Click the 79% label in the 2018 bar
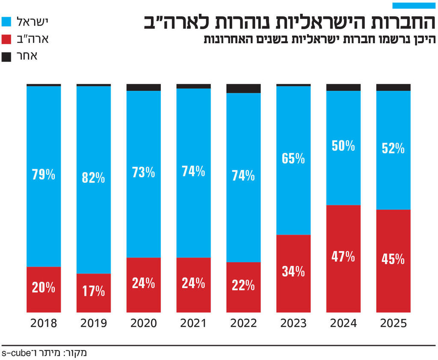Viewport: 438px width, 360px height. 44,175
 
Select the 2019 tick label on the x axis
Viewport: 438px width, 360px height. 94,323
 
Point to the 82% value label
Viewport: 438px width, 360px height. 94,178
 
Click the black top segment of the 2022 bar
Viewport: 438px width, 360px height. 243,88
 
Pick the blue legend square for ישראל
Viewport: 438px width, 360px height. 6,21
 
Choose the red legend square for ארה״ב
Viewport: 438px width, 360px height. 6,39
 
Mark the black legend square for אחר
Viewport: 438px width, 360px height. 6,57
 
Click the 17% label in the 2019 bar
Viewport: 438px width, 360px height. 94,292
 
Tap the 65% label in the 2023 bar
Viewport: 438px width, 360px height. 293,159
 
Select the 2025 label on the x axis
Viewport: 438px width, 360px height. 394,323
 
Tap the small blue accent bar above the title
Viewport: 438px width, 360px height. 414,6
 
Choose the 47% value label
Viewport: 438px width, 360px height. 343,257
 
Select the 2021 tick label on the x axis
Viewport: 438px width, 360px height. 193,323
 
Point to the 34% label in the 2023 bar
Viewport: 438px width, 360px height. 293,271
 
